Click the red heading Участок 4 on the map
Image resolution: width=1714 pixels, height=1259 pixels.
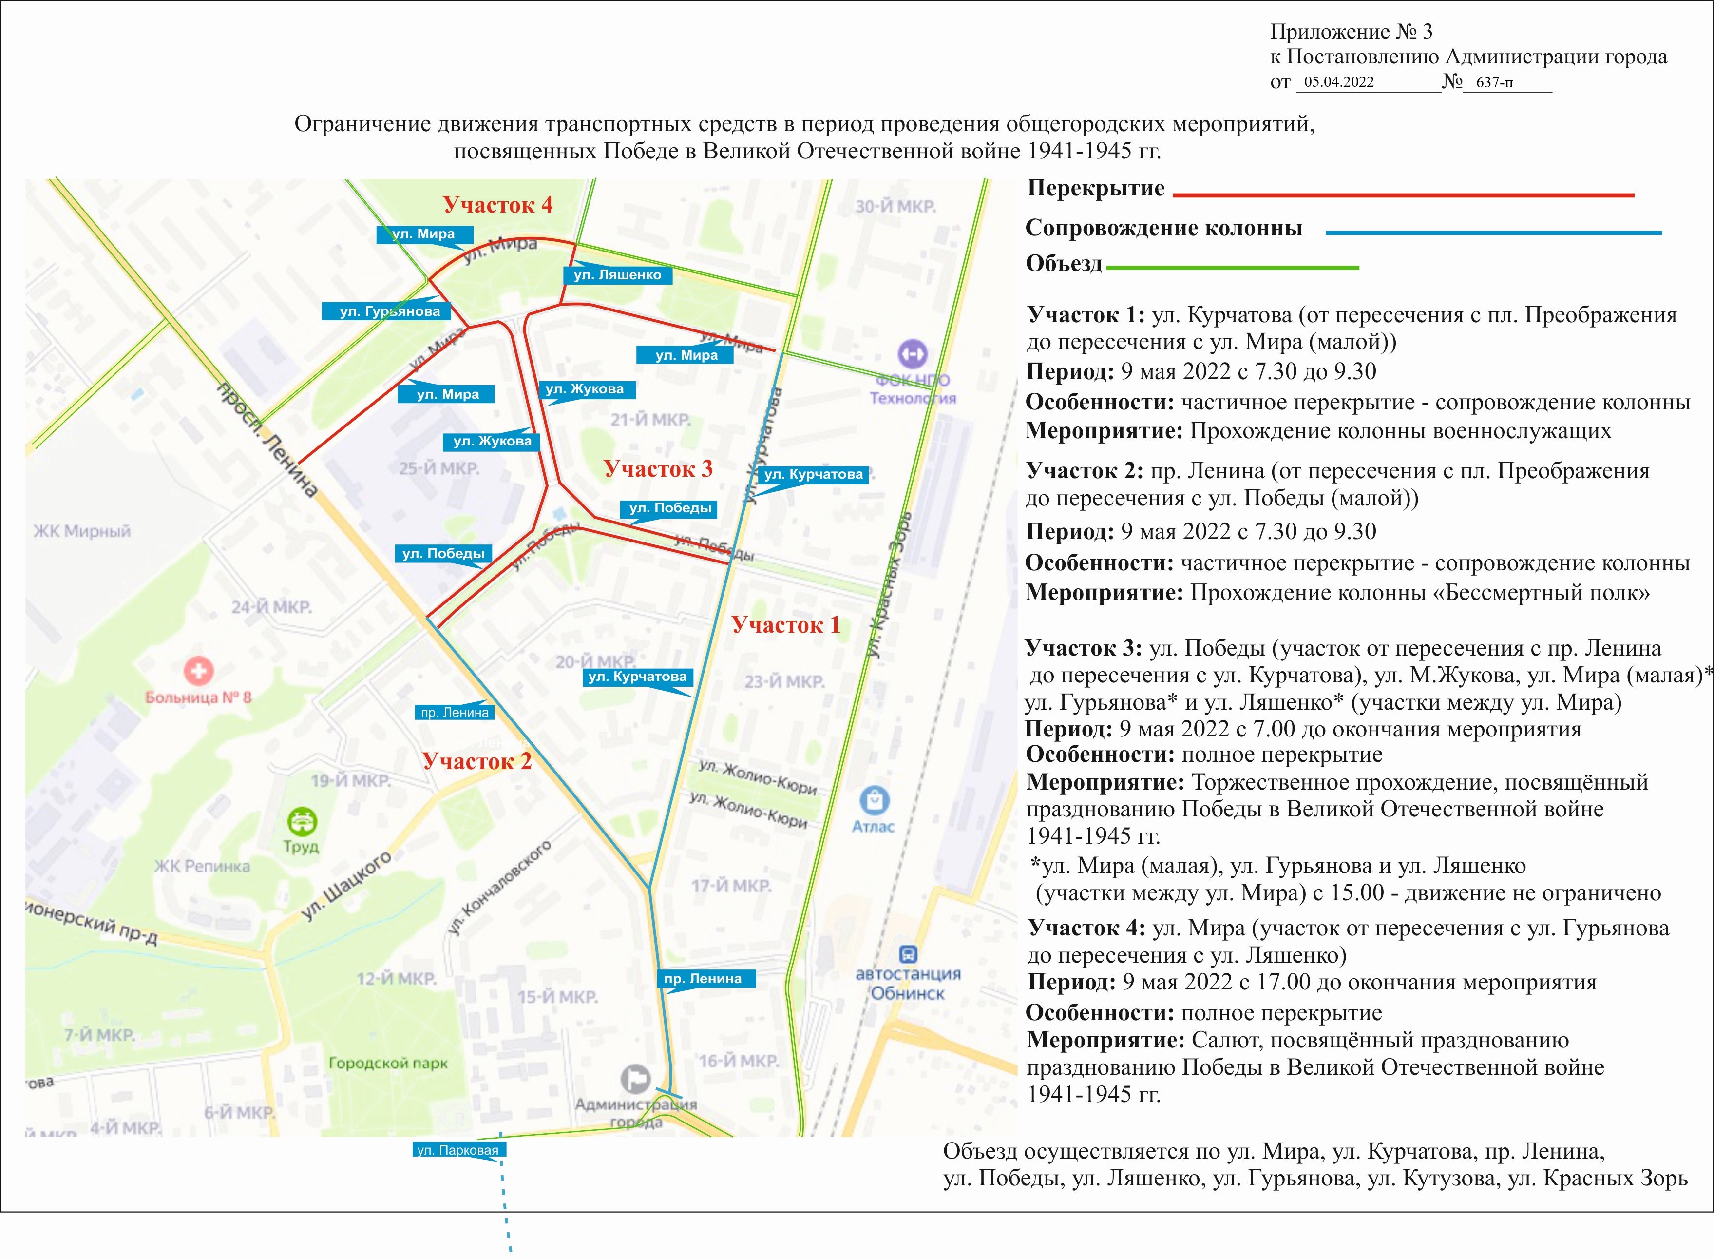[x=497, y=205]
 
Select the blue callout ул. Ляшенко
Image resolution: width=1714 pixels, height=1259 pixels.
[x=617, y=274]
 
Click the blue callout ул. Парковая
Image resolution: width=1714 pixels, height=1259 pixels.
[x=458, y=1150]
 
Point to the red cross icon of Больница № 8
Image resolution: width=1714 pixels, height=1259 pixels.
[x=199, y=671]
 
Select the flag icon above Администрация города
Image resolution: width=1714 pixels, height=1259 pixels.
[x=635, y=1078]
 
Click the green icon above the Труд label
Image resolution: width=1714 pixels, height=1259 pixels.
[x=301, y=822]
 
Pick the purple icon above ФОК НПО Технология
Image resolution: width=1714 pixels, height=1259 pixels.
[x=912, y=353]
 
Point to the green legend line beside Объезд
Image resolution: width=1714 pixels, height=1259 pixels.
[x=1232, y=268]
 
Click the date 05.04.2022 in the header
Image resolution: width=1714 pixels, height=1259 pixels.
[x=1338, y=82]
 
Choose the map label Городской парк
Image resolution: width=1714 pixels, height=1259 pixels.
[x=388, y=1063]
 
